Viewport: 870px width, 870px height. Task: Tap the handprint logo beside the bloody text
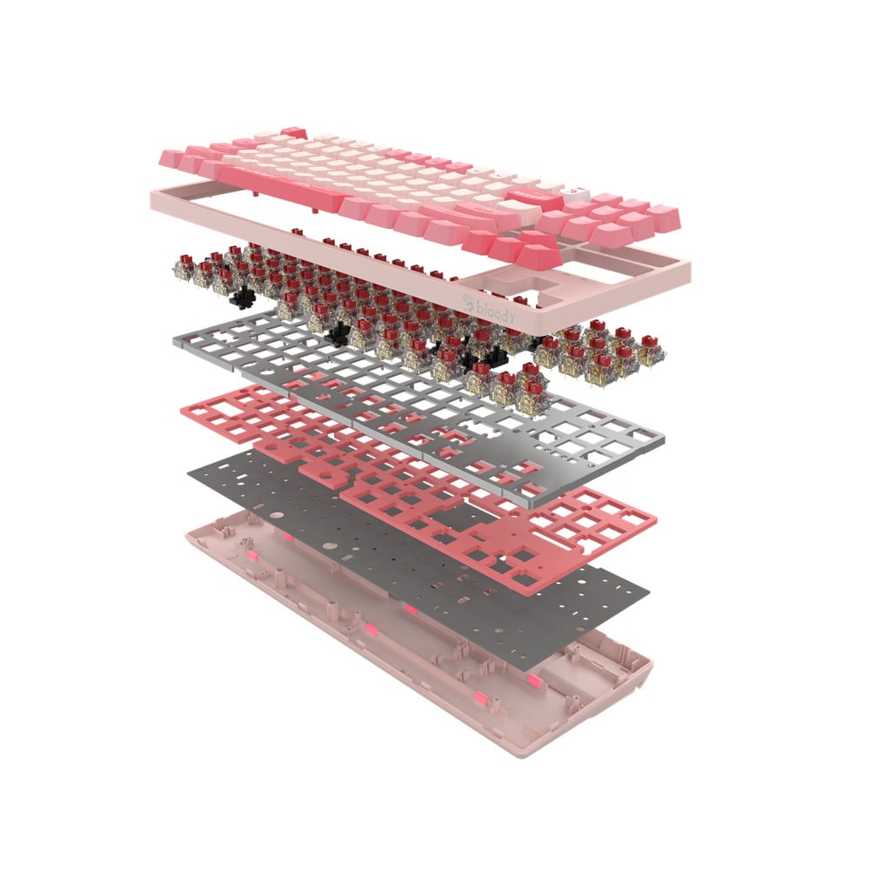[x=469, y=303]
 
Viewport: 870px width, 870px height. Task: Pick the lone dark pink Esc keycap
[x=293, y=132]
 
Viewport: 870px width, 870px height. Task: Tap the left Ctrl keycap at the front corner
[x=174, y=158]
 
